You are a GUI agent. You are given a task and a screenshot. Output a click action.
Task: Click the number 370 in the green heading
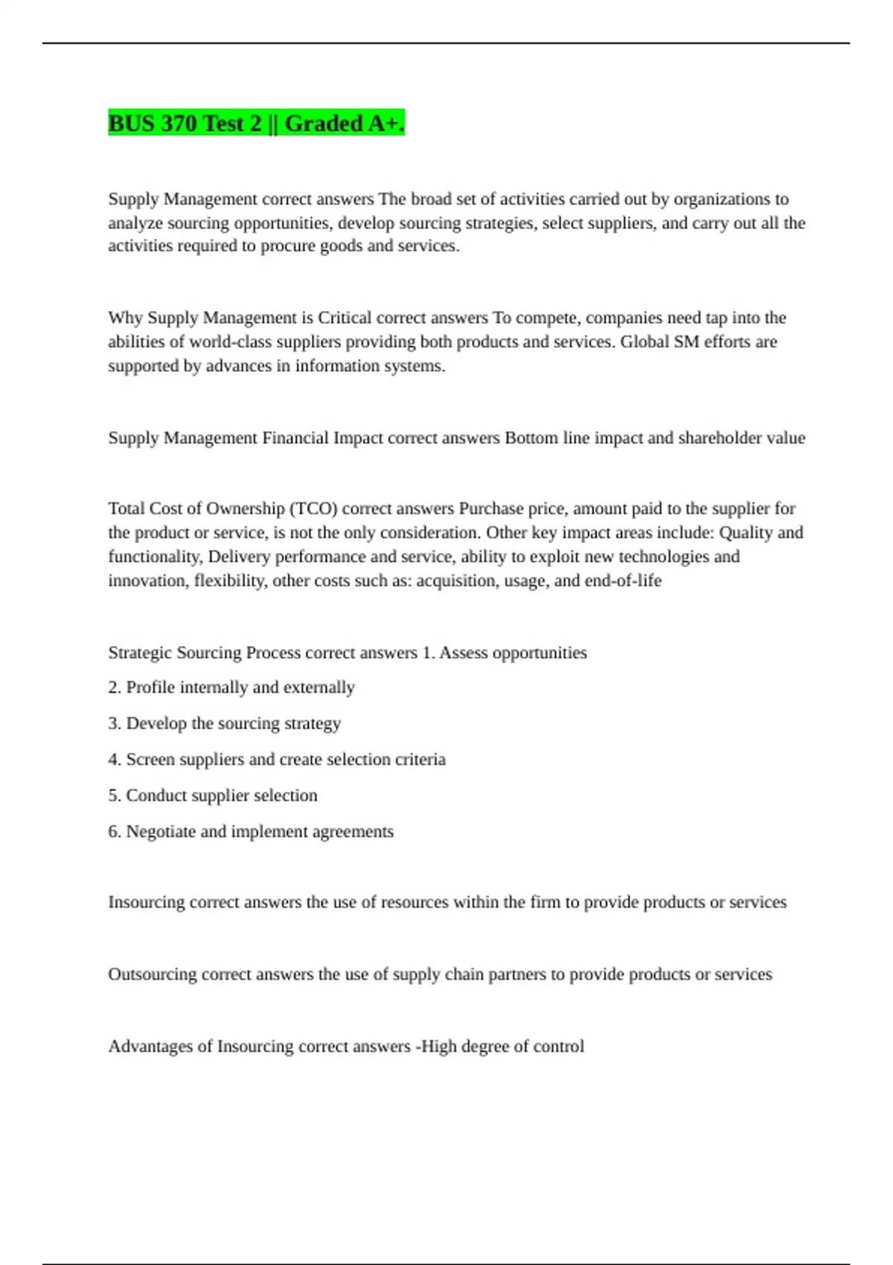(x=178, y=124)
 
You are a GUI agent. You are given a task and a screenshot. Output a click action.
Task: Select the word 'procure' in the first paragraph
(x=288, y=246)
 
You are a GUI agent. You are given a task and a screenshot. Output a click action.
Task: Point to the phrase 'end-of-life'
(x=623, y=581)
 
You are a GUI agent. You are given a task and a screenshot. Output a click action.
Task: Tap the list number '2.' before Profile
(x=115, y=688)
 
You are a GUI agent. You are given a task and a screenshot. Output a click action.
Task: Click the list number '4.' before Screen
(x=115, y=760)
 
